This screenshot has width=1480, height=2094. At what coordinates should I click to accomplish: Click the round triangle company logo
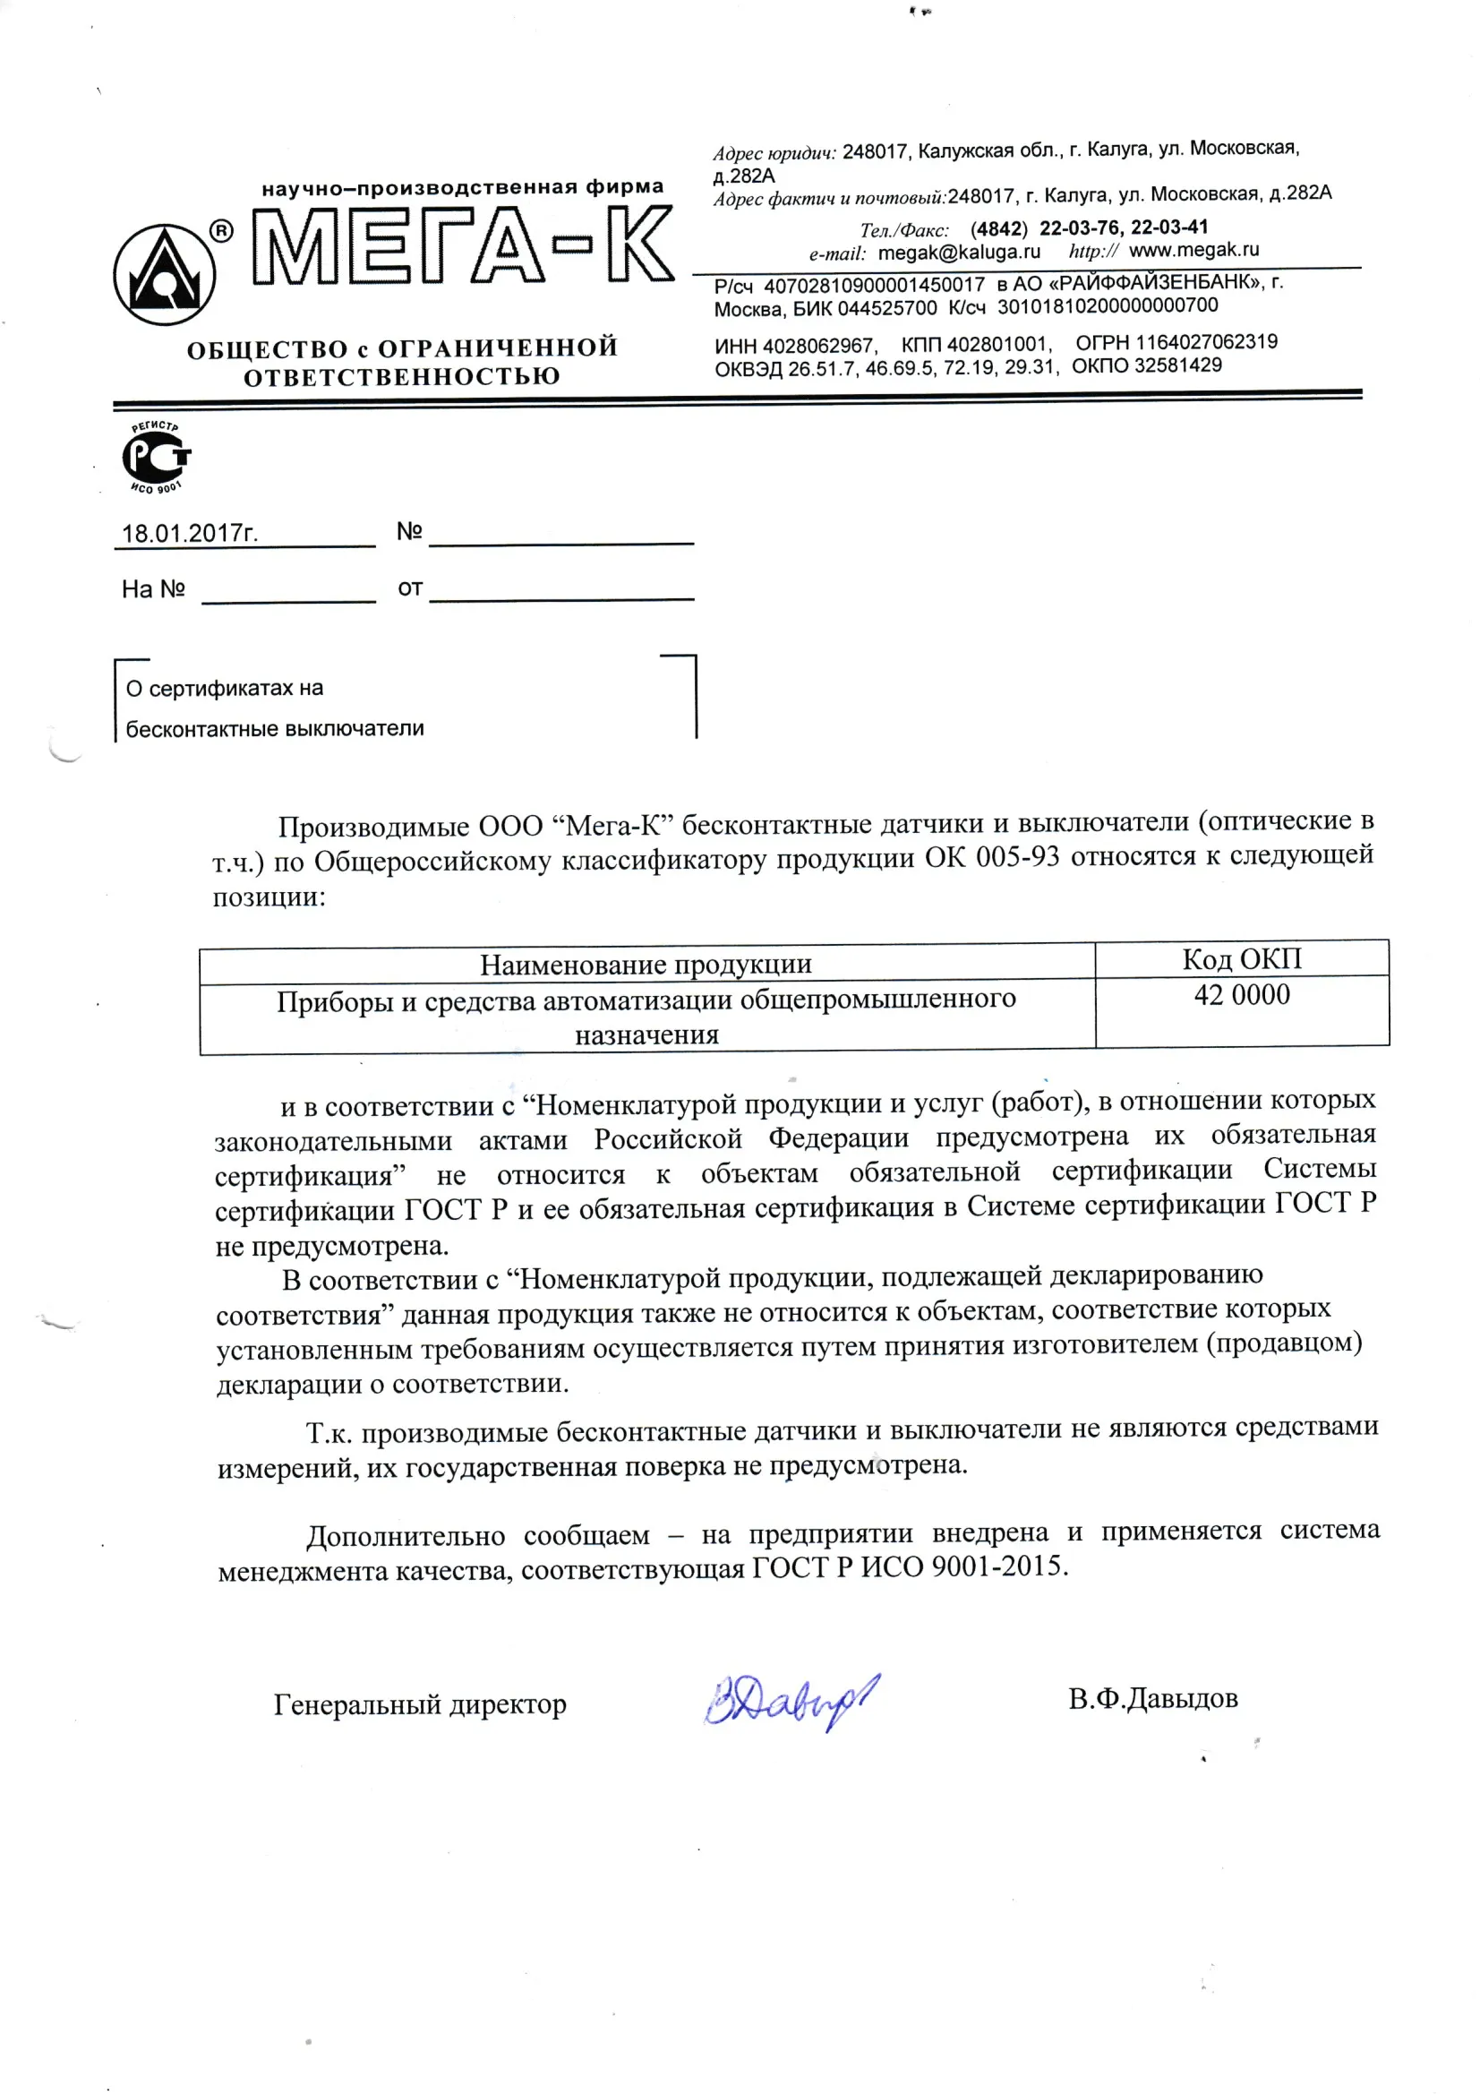[x=164, y=275]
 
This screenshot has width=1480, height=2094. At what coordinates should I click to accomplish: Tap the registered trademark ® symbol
[x=221, y=232]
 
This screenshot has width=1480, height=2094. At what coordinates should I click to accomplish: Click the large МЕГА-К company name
[x=463, y=245]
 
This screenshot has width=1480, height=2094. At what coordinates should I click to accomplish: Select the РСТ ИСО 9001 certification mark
[x=157, y=458]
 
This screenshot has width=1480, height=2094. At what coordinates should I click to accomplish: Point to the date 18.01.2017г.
[x=190, y=534]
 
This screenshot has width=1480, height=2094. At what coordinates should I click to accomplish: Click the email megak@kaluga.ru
[x=958, y=252]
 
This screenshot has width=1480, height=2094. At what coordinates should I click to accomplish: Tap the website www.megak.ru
[x=1193, y=249]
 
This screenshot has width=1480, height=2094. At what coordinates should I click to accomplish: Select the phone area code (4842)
[x=998, y=228]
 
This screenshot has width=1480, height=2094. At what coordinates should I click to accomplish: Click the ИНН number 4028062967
[x=818, y=346]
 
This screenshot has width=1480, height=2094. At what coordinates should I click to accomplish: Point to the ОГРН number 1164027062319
[x=1205, y=342]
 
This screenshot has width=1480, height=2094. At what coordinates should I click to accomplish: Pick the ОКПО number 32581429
[x=1177, y=365]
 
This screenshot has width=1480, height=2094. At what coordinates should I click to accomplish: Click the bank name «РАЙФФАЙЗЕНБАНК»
[x=1151, y=283]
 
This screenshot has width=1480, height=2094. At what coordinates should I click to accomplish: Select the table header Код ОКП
[x=1241, y=958]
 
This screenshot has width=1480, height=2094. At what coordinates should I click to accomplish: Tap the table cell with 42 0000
[x=1241, y=995]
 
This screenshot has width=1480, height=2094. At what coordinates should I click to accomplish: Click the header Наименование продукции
[x=646, y=964]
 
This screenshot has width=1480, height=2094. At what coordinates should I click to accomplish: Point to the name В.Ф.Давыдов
[x=1152, y=1698]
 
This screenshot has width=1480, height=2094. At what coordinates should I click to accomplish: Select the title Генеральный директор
[x=420, y=1704]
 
